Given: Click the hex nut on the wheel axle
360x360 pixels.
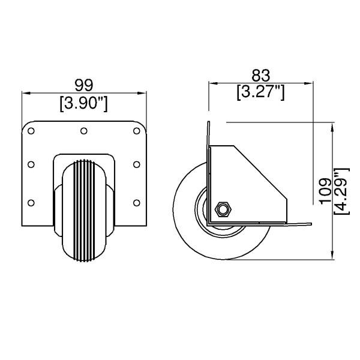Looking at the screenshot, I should point(223,208).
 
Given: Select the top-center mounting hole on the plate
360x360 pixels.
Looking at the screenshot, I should point(83,130).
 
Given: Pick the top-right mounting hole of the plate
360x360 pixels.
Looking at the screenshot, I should point(136,130).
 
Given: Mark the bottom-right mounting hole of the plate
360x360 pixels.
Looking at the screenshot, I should point(136,202).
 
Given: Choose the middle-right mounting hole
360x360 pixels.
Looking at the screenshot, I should point(136,163).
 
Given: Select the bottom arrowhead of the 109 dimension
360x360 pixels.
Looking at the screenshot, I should point(333,256).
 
